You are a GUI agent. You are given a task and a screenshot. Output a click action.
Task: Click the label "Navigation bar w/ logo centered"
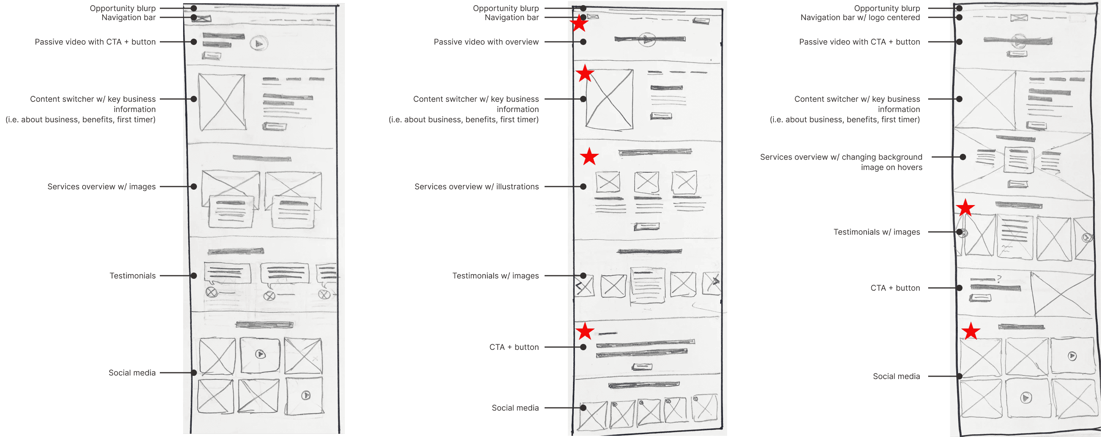(x=859, y=17)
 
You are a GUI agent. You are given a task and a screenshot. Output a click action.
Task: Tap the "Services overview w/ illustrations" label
(x=476, y=187)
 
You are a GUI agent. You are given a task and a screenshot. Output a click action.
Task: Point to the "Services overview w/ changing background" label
(x=841, y=157)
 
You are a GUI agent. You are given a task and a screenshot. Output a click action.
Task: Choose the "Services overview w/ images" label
(x=101, y=187)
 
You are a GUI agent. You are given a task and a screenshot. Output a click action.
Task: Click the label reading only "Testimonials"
(x=133, y=276)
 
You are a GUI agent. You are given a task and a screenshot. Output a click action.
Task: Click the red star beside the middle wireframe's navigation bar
(x=579, y=24)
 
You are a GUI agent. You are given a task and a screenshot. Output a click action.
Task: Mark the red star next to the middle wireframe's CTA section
(x=585, y=331)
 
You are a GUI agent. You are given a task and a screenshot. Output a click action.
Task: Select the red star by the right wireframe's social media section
(x=971, y=331)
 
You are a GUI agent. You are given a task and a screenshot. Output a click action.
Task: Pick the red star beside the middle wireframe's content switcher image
(x=585, y=74)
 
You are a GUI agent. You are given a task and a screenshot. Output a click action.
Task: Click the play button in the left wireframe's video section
(x=258, y=43)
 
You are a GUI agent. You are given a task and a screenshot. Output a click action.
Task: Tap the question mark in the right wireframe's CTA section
(x=999, y=279)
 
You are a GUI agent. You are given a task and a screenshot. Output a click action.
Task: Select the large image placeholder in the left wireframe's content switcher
(x=222, y=102)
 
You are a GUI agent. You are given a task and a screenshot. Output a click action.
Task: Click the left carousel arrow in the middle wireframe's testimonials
(x=580, y=286)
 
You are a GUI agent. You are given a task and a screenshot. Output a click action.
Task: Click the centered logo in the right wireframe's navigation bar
(x=1019, y=18)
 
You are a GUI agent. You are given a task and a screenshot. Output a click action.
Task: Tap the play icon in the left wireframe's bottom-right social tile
(x=305, y=395)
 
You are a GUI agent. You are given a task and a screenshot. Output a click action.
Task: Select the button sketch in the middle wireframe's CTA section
(x=642, y=366)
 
